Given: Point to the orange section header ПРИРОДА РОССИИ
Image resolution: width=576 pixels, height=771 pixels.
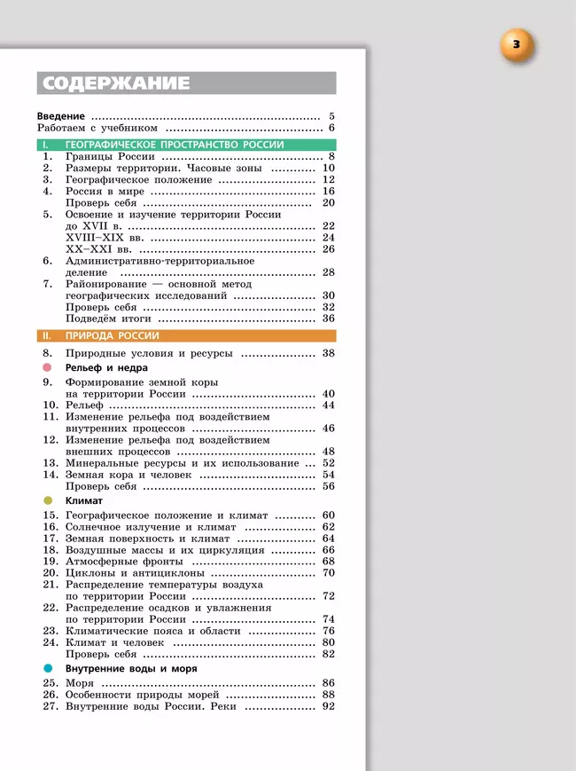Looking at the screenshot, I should point(112,335).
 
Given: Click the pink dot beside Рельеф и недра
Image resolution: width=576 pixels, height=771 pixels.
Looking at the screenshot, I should point(48,366).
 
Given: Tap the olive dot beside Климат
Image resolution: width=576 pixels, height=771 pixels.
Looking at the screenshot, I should point(48,500).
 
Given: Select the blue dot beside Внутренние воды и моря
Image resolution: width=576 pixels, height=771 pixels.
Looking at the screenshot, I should point(48,668).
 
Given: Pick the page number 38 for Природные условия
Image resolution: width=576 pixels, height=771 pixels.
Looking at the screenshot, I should point(328,353).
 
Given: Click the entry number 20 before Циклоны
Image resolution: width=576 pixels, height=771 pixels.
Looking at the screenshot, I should point(50,573).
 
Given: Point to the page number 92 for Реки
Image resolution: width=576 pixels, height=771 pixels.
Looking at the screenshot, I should point(328,707).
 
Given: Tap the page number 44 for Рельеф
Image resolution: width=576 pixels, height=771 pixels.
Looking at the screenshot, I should point(328,405).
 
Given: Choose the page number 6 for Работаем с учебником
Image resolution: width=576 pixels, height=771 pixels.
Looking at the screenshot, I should point(331,129).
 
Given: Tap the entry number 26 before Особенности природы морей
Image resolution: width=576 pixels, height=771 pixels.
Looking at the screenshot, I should point(50,695).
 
